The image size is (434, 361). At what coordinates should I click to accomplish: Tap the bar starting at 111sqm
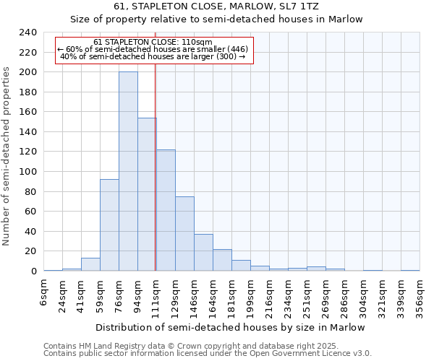166,210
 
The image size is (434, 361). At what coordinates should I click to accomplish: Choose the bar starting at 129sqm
184,234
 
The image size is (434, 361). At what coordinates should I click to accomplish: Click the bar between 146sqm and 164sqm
203,253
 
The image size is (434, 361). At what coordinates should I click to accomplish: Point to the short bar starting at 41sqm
90,264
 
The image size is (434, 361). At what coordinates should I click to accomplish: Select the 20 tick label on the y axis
32,251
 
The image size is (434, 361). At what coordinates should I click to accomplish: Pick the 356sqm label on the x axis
420,295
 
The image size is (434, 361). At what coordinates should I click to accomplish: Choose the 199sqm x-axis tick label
251,295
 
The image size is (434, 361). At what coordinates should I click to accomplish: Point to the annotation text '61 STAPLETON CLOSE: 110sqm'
153,42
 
